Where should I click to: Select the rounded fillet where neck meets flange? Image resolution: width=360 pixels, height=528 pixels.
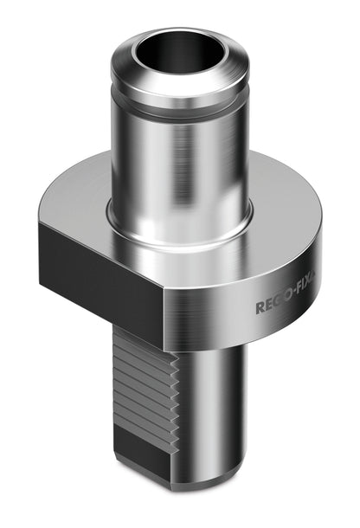(x=180, y=232)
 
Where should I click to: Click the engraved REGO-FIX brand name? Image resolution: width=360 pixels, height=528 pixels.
(x=286, y=302)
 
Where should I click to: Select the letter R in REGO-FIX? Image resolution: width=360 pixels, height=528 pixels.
(x=260, y=308)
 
